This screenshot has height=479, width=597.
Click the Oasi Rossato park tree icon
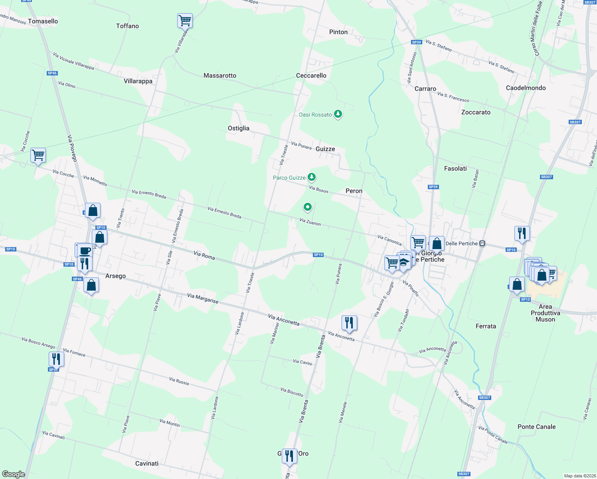pos(338,115)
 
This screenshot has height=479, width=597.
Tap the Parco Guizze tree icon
pos(312,177)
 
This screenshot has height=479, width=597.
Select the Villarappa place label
pos(138,81)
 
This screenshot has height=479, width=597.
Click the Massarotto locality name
pos(220,75)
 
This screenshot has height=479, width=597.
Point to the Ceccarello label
pos(311,75)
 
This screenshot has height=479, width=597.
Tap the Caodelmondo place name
pos(526,88)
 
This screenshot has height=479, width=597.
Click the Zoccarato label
pos(476,112)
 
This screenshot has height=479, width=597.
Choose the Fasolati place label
pos(455,168)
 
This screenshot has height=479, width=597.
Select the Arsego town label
pos(115,276)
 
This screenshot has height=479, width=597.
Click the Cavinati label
pos(147,463)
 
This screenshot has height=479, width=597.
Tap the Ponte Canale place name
pos(536,427)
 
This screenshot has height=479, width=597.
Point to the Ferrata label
pos(486,326)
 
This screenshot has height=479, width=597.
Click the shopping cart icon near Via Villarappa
pos(185,20)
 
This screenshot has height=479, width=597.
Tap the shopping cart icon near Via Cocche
pos(38,154)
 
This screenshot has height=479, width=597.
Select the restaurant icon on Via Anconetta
pos(349,322)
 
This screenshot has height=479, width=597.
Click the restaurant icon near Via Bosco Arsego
pos(56,359)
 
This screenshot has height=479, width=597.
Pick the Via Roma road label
pos(204,255)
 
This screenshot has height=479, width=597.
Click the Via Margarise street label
pos(203,298)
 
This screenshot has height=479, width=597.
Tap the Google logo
pos(14,474)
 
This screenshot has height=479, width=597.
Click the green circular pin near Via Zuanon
pos(307,207)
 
